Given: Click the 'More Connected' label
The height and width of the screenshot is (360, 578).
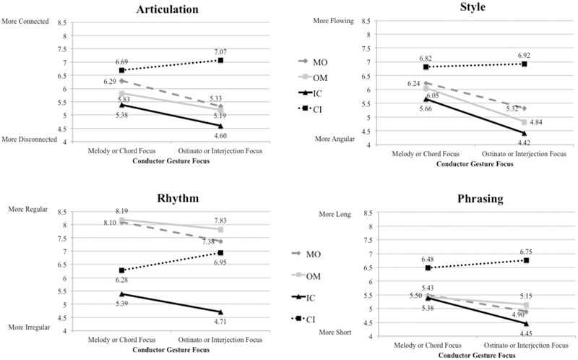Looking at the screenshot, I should pos(28,21).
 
